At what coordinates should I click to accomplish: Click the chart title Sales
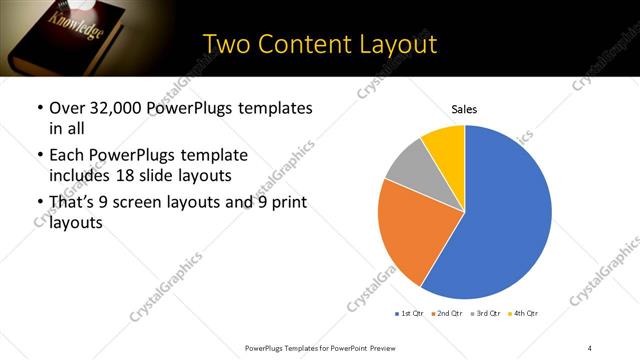point(464,109)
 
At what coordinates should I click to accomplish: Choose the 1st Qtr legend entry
point(408,314)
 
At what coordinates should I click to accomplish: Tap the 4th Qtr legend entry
point(524,314)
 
